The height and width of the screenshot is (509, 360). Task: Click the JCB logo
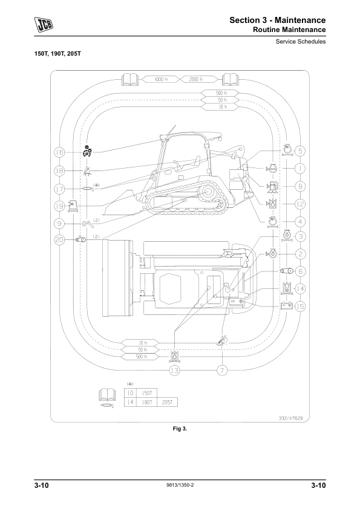point(44,25)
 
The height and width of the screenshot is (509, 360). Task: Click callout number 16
point(59,152)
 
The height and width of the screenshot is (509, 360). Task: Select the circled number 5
point(300,151)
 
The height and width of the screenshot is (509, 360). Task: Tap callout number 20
point(59,240)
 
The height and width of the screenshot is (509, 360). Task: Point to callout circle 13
point(175,371)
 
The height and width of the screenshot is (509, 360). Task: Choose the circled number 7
point(222,371)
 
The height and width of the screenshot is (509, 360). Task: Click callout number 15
point(300,306)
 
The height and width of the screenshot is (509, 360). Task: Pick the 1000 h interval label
point(159,79)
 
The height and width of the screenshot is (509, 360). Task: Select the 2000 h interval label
point(197,79)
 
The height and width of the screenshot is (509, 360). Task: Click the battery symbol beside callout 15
point(287,306)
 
